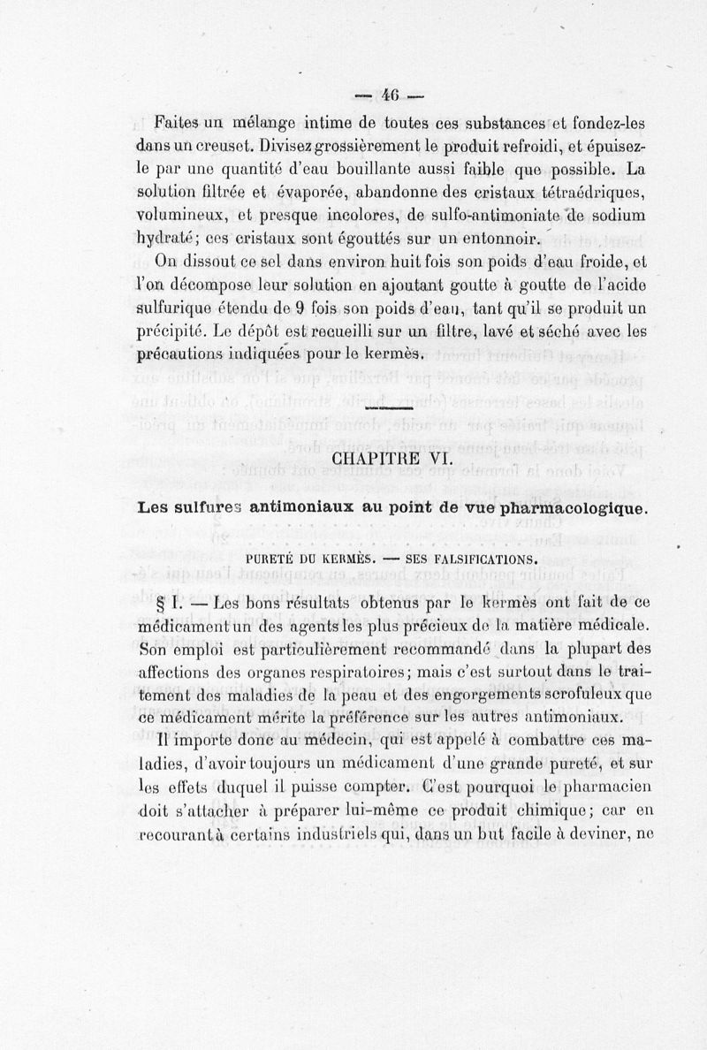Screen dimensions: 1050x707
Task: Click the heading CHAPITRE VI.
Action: (392, 459)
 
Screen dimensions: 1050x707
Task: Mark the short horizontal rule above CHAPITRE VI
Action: (391, 409)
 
